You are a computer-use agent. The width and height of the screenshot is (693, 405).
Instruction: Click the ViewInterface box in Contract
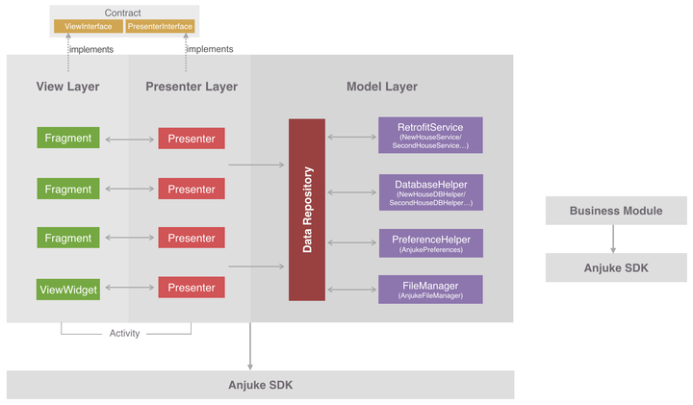tap(88, 26)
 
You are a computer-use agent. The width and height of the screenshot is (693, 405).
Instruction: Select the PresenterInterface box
tap(160, 26)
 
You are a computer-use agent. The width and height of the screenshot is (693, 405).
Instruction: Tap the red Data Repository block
tap(307, 210)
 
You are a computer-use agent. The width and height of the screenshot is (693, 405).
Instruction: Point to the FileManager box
tap(429, 290)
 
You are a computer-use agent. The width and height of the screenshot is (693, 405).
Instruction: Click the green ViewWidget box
tap(68, 288)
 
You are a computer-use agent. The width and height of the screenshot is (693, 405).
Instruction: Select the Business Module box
tap(616, 211)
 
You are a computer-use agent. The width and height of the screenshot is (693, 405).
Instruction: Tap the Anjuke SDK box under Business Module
tap(616, 267)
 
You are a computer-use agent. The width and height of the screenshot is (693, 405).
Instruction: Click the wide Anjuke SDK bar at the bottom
tap(260, 385)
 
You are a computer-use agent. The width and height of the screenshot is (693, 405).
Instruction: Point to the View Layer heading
tap(67, 87)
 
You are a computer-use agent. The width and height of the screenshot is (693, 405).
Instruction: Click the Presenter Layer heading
tap(192, 87)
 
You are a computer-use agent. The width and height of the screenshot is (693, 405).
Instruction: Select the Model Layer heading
tap(382, 87)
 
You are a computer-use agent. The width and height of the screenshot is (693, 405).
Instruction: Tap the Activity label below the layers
tap(125, 334)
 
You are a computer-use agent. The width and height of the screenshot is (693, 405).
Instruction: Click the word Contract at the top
tap(123, 13)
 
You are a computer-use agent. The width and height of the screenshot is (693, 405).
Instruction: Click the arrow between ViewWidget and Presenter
tap(130, 287)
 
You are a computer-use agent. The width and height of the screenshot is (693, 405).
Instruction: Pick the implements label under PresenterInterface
tap(211, 49)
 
